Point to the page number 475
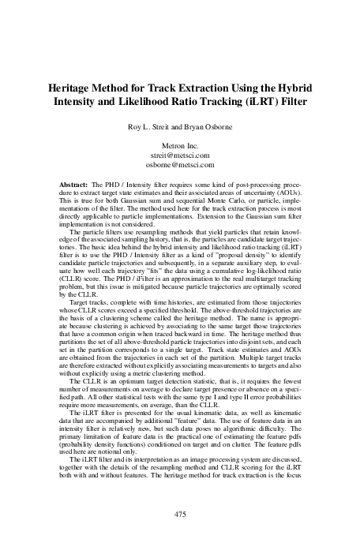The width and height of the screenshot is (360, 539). click(179, 514)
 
